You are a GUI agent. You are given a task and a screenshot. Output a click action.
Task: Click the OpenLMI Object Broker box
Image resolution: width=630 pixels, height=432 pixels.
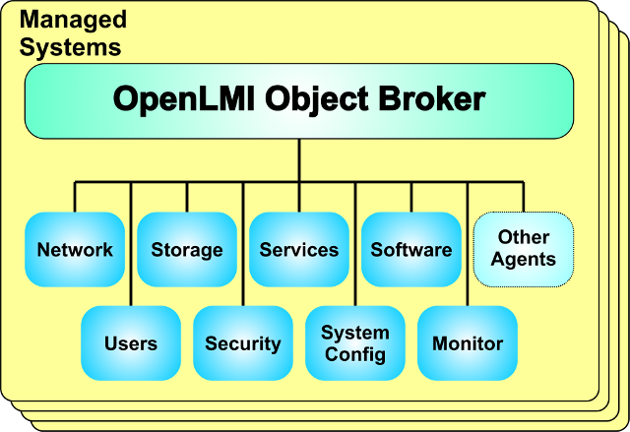(x=299, y=99)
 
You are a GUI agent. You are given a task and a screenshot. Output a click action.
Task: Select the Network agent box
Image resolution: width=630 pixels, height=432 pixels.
(x=75, y=250)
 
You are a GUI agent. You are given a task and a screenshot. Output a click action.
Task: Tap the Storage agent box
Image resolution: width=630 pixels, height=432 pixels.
(x=187, y=250)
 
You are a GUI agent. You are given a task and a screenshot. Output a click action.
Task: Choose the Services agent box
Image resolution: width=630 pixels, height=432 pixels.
(x=299, y=250)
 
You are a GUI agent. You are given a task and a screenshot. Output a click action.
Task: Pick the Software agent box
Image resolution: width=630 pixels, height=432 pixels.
(x=411, y=250)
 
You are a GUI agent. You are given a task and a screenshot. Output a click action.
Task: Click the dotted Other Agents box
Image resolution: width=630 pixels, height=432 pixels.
(x=524, y=249)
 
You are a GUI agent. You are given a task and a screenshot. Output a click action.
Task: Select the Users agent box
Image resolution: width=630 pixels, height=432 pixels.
(x=131, y=343)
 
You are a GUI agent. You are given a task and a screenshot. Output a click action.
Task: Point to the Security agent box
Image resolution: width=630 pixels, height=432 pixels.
(x=243, y=343)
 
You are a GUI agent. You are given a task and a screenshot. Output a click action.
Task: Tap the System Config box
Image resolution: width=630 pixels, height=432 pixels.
(x=355, y=343)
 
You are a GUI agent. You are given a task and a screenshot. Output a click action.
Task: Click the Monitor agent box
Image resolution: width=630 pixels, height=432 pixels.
(x=468, y=343)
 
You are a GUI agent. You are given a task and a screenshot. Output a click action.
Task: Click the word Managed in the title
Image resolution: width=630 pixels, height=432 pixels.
(x=73, y=19)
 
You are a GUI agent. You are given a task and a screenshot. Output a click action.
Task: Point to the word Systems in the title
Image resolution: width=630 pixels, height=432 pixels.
(x=71, y=46)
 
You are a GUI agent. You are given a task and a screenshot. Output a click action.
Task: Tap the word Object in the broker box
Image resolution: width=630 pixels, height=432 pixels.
(x=314, y=99)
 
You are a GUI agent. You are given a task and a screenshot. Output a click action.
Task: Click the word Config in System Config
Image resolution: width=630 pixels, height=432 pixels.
(x=355, y=355)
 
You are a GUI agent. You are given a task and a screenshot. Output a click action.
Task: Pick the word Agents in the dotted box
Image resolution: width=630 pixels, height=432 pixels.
(x=524, y=261)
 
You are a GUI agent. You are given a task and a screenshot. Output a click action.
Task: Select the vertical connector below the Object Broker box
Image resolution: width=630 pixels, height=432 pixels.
(x=299, y=159)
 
